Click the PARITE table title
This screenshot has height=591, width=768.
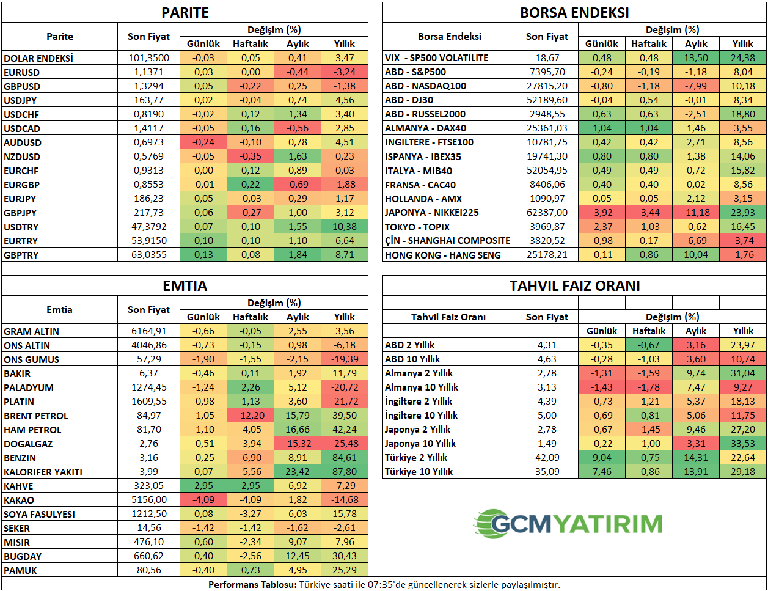tap(185, 13)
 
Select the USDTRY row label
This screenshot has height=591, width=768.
tap(21, 227)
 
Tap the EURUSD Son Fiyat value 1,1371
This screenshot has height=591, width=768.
tap(148, 72)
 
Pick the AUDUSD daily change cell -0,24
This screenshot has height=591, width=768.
tap(203, 142)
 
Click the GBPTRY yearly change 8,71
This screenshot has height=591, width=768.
tap(345, 254)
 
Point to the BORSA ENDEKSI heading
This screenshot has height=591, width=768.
tap(574, 13)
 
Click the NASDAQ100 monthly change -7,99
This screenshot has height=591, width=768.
tap(696, 86)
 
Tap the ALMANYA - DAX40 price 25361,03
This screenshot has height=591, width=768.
tap(547, 128)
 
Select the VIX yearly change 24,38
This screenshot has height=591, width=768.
tap(743, 57)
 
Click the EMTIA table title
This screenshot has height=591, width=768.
tap(185, 285)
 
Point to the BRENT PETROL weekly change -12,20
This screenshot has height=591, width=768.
tap(251, 416)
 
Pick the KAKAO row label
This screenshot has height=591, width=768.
tap(19, 500)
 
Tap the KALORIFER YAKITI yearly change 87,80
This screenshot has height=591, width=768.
tap(345, 472)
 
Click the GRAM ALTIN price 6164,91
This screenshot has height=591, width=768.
tap(148, 331)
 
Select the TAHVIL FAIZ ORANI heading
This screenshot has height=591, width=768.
tap(574, 285)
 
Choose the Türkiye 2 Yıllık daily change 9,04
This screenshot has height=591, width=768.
tap(602, 457)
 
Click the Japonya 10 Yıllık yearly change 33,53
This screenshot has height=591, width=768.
tap(743, 443)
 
